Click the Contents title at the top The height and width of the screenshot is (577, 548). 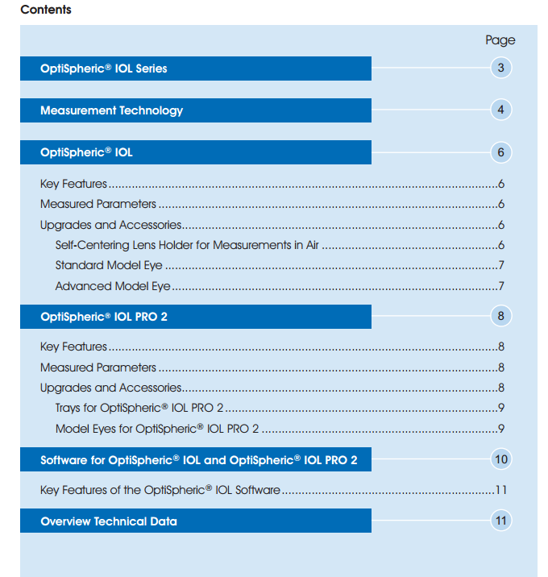pyautogui.click(x=45, y=10)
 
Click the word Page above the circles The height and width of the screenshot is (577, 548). pyautogui.click(x=500, y=40)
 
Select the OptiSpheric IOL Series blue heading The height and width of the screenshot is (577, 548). pyautogui.click(x=104, y=68)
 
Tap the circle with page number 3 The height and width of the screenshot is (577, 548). pyautogui.click(x=500, y=68)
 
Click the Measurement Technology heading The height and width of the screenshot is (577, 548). pyautogui.click(x=111, y=110)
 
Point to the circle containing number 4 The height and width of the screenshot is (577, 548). pyautogui.click(x=500, y=110)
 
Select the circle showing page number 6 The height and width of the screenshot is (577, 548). pyautogui.click(x=500, y=152)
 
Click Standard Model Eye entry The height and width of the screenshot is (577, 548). pyautogui.click(x=109, y=265)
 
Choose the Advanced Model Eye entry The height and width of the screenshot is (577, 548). pyautogui.click(x=112, y=286)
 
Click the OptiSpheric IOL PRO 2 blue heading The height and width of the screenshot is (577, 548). pyautogui.click(x=104, y=317)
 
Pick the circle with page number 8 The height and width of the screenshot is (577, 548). pyautogui.click(x=500, y=316)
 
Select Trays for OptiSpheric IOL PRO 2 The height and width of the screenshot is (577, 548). pyautogui.click(x=139, y=408)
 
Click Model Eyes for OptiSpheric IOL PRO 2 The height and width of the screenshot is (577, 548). pyautogui.click(x=156, y=429)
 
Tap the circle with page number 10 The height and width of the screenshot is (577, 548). pyautogui.click(x=500, y=459)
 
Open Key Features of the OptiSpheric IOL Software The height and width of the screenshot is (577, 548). pyautogui.click(x=160, y=490)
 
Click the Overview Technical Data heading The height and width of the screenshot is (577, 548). pyautogui.click(x=109, y=521)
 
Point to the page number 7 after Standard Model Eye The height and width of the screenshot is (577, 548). pyautogui.click(x=501, y=265)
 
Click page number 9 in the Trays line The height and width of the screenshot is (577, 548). pyautogui.click(x=501, y=408)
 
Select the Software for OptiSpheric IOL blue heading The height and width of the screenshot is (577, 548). pyautogui.click(x=198, y=460)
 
